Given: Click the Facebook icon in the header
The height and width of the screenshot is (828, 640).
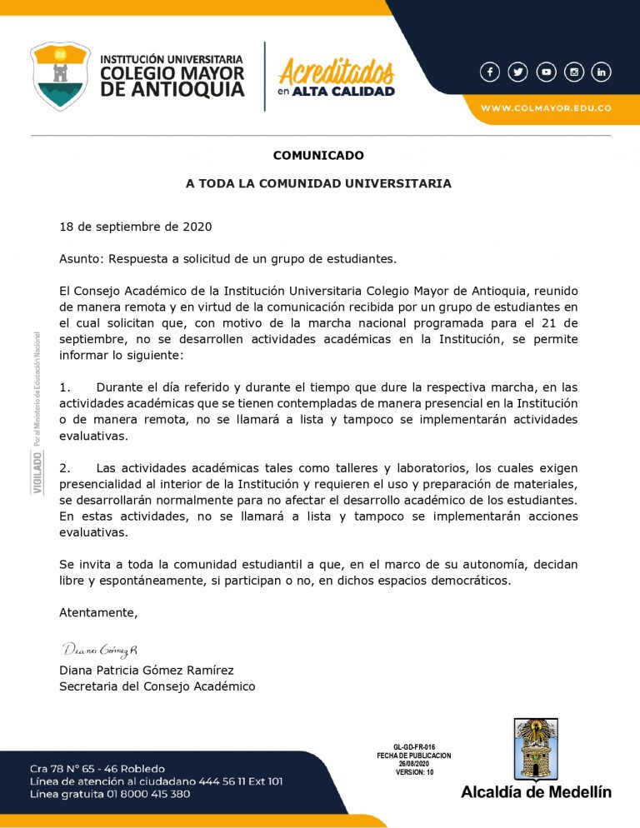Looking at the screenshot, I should pos(490,72).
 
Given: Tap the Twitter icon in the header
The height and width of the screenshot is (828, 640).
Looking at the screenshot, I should pos(517,72).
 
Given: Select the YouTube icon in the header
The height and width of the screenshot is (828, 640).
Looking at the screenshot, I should pos(546,72).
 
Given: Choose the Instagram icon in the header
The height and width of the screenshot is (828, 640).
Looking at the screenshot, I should pos(573,72).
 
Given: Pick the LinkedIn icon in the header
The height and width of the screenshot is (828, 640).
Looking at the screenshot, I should pos(601,72).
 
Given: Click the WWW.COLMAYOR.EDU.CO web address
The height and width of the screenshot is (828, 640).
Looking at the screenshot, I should pos(546,108).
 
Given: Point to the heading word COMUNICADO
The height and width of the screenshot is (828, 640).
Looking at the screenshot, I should pos(318,155).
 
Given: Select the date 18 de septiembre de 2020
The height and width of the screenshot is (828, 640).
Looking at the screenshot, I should pos(135,227).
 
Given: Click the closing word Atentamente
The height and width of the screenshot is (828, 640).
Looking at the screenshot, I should pos(97,612).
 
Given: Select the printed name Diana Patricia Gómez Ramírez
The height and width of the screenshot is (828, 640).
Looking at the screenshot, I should pos(146,671).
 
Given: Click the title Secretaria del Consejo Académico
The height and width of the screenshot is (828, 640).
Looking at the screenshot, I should pos(157,686).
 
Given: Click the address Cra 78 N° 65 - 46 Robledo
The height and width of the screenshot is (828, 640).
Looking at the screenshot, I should pos(97,768).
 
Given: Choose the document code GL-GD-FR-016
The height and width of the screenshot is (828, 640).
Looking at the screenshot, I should pos(414,747).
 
